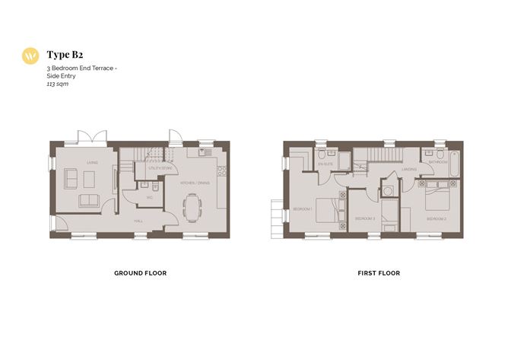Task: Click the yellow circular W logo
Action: (x=30, y=56)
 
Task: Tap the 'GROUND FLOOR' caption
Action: (x=140, y=272)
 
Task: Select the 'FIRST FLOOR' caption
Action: (x=378, y=272)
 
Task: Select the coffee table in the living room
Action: (x=89, y=178)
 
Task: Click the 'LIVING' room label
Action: (x=92, y=162)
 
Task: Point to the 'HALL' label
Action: (x=138, y=221)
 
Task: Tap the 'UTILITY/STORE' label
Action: (x=160, y=167)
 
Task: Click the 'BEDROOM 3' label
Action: (x=364, y=218)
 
